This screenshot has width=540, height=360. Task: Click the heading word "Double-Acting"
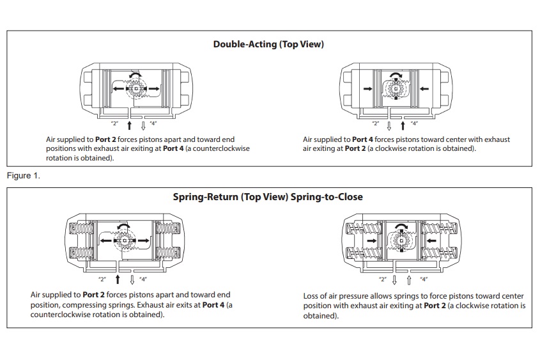(244, 44)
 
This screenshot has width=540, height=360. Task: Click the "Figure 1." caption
(23, 176)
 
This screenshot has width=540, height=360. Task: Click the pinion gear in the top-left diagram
(135, 88)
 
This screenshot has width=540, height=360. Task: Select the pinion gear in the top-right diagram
(396, 88)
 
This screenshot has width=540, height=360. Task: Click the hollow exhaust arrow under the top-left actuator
(143, 124)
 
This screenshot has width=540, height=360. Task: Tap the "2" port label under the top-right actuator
(376, 123)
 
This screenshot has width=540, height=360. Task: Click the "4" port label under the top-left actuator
(153, 123)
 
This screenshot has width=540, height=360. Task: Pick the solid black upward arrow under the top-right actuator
(403, 124)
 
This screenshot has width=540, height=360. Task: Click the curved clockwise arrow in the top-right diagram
(396, 75)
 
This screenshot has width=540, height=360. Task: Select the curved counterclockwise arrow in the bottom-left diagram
(125, 226)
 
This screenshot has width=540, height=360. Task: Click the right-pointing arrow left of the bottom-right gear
(371, 240)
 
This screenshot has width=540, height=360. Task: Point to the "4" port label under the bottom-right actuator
(424, 279)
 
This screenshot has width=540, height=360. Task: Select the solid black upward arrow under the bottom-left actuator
(118, 279)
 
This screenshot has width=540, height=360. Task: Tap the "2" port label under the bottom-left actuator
(102, 279)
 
